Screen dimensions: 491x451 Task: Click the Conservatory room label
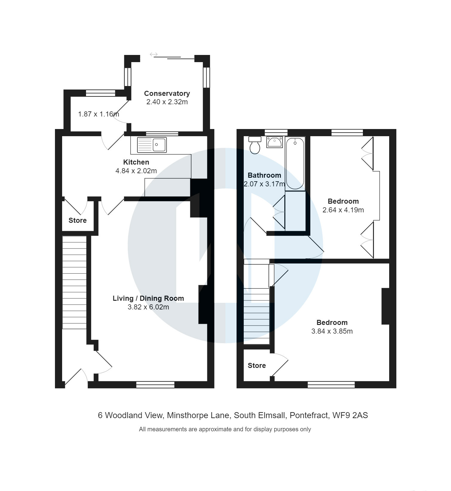(167, 93)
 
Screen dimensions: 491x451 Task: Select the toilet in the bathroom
(255, 146)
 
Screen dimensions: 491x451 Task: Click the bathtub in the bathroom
(295, 163)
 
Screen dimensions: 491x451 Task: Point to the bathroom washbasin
(274, 142)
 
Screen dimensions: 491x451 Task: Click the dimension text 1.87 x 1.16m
(98, 114)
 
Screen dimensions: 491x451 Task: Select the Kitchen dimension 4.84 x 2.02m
(136, 171)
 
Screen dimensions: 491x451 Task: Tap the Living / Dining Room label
(148, 298)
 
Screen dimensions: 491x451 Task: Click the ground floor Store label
(77, 220)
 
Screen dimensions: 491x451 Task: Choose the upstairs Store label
(257, 366)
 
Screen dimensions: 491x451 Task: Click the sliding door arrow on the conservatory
(154, 54)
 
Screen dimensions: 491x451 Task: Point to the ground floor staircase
(74, 282)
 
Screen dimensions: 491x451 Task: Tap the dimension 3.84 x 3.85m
(332, 331)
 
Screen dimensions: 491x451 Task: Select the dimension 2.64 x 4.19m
(343, 210)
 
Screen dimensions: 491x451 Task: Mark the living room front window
(155, 385)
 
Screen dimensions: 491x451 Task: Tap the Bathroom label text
(264, 175)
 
